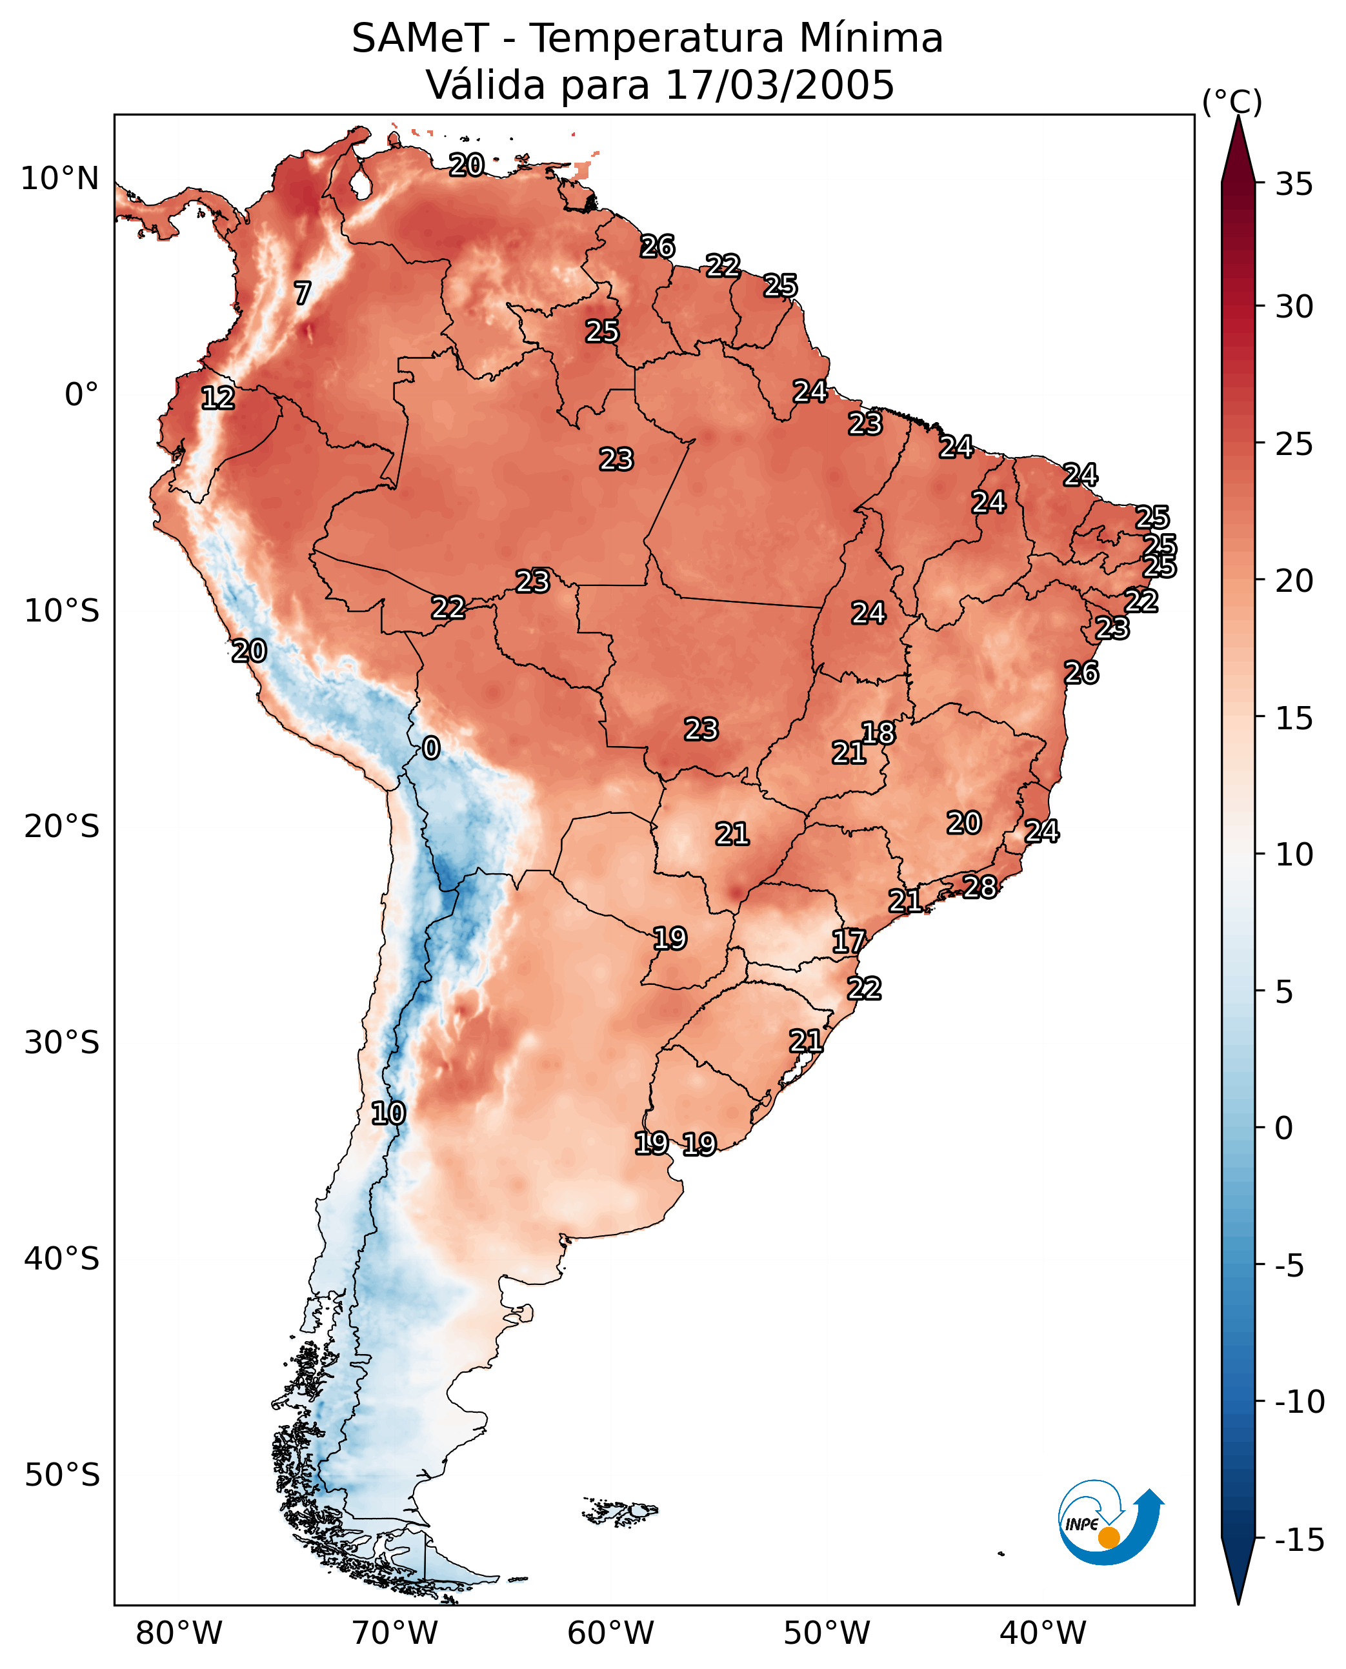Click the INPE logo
(1110, 1524)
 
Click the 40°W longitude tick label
(1042, 1633)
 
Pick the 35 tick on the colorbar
(1294, 185)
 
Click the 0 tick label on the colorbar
(1284, 1128)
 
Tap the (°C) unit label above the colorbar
(1232, 101)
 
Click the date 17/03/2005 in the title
(779, 85)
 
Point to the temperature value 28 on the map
(980, 887)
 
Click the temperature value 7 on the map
(303, 293)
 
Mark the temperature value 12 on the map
(218, 398)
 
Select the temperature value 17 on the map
(849, 942)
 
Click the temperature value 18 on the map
(878, 733)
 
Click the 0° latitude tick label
(81, 395)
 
